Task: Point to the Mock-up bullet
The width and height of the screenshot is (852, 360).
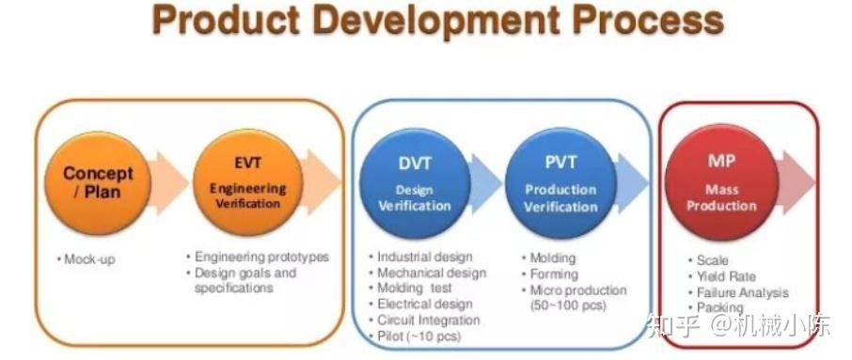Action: click(88, 258)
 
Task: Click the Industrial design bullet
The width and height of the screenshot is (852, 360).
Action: click(423, 257)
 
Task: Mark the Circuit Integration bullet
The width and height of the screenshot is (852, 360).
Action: click(427, 321)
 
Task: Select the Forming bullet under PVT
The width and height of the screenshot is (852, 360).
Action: click(553, 274)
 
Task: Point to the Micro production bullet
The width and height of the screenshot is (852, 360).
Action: click(577, 290)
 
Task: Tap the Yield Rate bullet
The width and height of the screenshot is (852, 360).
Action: click(725, 276)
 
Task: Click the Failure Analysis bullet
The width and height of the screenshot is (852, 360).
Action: click(741, 292)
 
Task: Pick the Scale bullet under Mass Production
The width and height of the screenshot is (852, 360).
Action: click(711, 260)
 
